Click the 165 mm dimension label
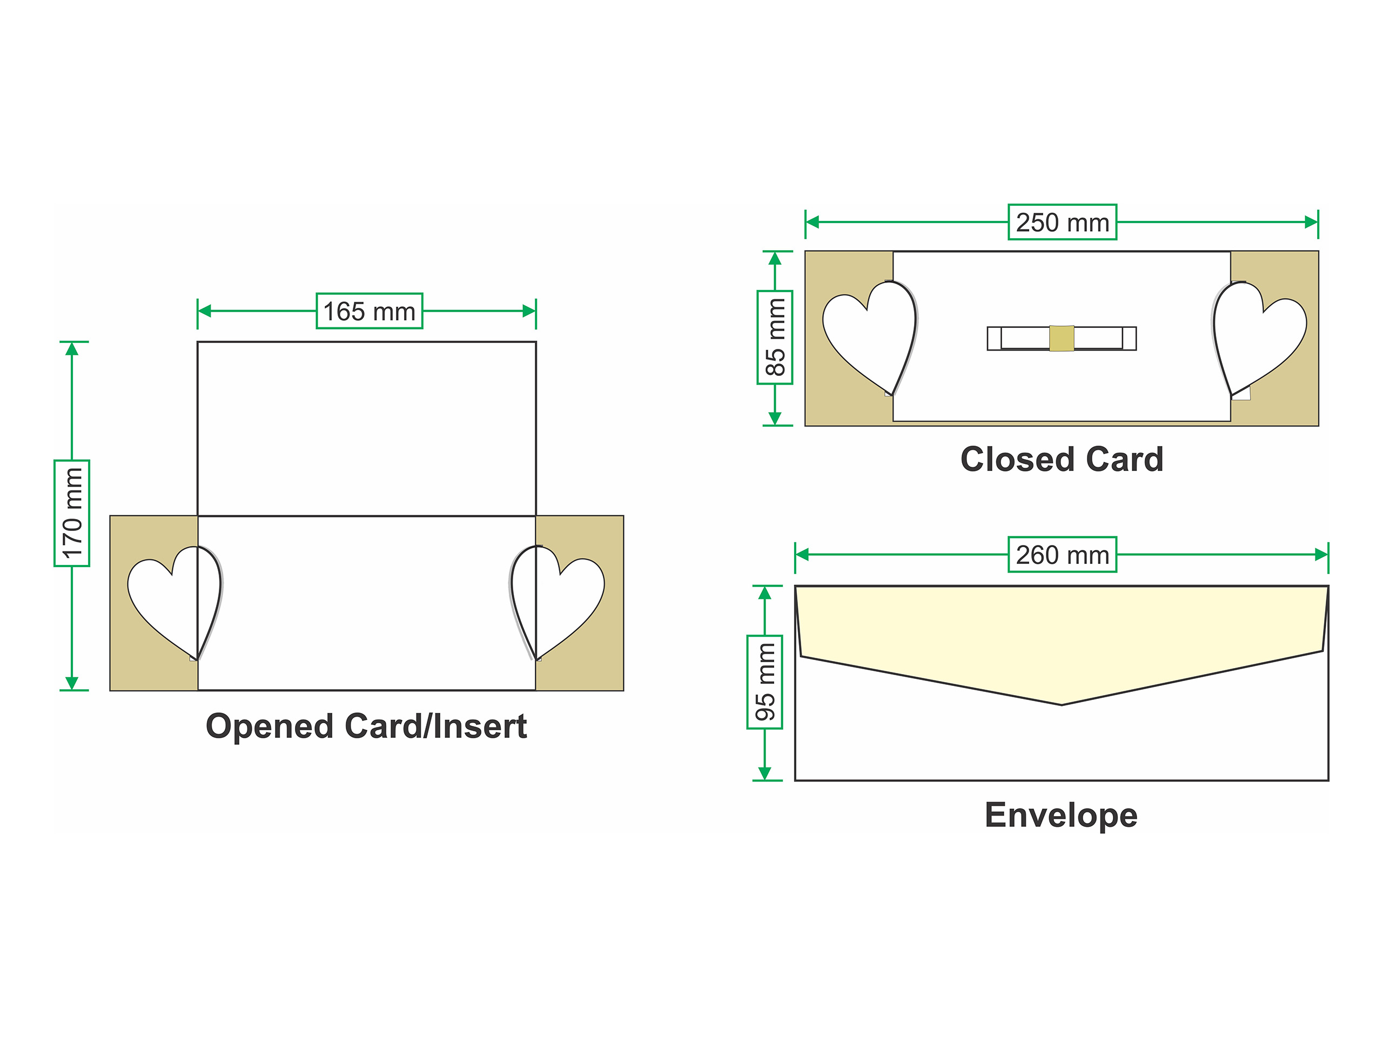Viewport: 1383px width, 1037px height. coord(369,311)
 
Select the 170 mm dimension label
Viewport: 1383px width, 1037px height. coord(72,513)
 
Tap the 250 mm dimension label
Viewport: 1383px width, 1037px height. coord(1062,222)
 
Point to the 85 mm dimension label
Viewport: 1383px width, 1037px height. coord(775,338)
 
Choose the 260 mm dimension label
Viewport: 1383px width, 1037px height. coord(1062,555)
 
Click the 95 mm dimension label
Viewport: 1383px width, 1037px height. coord(764,682)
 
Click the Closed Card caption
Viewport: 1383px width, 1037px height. coord(1062,460)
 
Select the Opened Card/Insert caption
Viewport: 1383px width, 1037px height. coord(366,726)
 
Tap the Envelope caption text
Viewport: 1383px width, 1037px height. coord(1061,815)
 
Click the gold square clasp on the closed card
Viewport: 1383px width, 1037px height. coord(1062,338)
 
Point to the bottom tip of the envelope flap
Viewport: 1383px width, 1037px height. coord(1062,704)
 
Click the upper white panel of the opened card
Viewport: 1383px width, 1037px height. coord(366,429)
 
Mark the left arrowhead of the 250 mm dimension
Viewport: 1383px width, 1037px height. coord(812,222)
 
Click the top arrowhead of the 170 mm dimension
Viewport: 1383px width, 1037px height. coord(72,349)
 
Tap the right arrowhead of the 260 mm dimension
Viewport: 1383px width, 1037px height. coord(1321,555)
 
